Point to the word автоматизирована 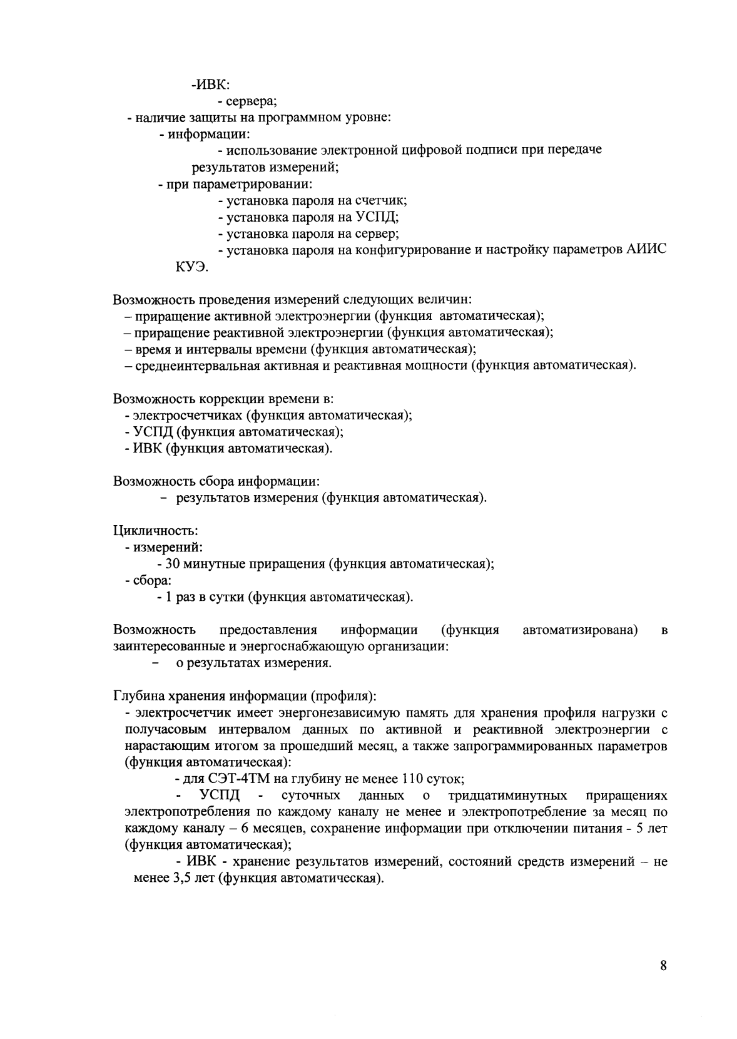click(x=579, y=630)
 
